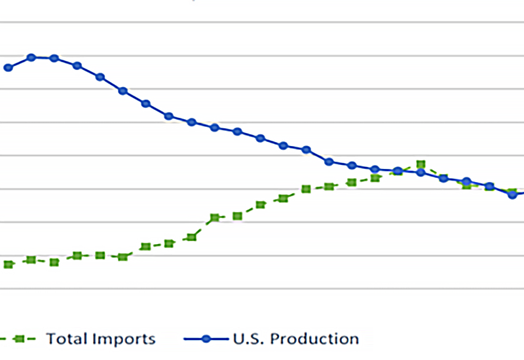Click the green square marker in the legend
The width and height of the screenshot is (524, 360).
(20, 339)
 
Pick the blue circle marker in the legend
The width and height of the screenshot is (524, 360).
(206, 339)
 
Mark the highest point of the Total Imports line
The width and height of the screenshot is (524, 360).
(421, 164)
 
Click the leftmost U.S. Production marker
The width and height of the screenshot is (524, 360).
(9, 67)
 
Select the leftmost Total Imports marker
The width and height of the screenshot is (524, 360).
(9, 264)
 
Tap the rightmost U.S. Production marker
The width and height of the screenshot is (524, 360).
(512, 194)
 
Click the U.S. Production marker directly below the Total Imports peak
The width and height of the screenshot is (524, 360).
(421, 172)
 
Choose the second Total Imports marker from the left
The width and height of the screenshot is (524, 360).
(31, 260)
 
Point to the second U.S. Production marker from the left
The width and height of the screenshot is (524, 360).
(31, 58)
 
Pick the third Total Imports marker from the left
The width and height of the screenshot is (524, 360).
(54, 262)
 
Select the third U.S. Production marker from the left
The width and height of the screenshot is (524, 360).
(54, 58)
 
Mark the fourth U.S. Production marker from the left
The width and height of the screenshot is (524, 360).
(77, 65)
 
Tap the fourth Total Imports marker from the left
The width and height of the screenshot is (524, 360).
(77, 255)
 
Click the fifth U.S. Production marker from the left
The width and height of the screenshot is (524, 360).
(100, 77)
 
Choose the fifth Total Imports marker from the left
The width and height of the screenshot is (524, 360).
(100, 255)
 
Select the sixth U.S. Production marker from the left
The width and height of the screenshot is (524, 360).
(123, 91)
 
